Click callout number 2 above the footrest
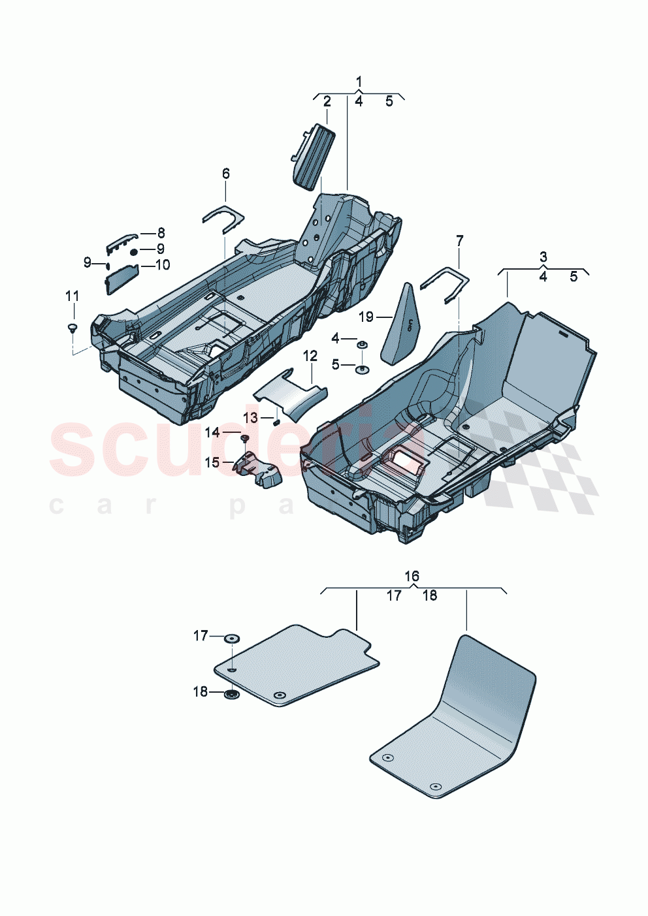[x=327, y=101]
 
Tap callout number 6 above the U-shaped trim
[x=226, y=174]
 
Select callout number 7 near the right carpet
[x=459, y=241]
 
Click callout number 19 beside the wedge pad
[x=366, y=317]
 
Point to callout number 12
[x=310, y=356]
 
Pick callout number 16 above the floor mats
[x=412, y=576]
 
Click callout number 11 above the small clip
[x=72, y=296]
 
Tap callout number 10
[x=162, y=265]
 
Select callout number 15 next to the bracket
[x=212, y=463]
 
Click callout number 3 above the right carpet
[x=543, y=257]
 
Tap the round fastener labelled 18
[x=231, y=694]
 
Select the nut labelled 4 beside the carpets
[x=362, y=342]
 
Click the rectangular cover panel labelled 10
[x=121, y=279]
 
